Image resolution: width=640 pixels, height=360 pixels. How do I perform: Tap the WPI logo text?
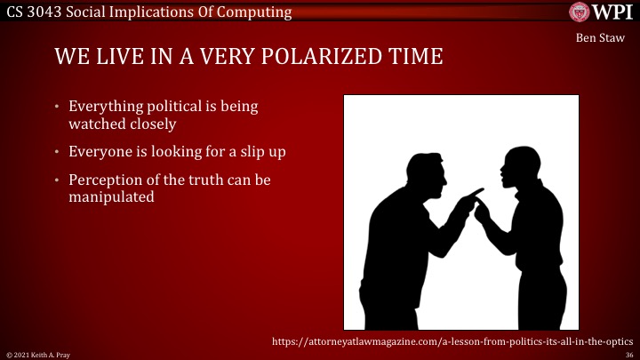613,12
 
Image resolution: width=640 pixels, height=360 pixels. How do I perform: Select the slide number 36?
628,354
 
